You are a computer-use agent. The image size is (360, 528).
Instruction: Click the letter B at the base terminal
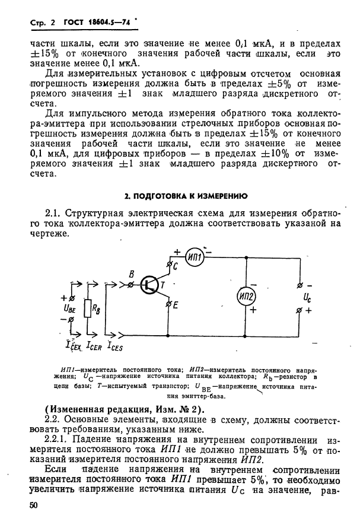coord(132,273)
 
